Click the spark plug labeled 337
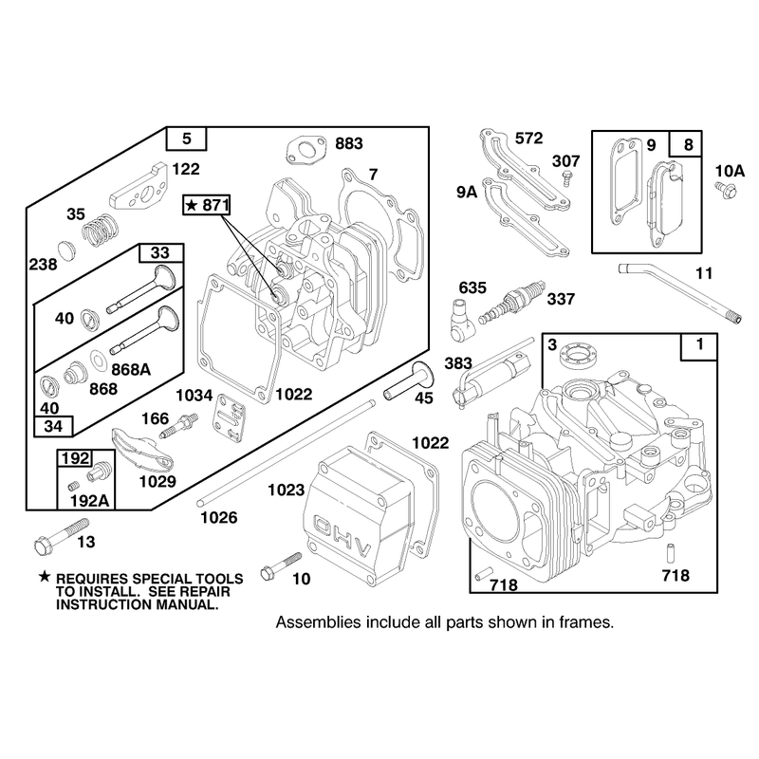(511, 303)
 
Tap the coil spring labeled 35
(101, 228)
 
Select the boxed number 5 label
(186, 139)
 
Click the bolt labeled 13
(62, 536)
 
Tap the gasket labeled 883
(305, 151)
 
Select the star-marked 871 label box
(207, 205)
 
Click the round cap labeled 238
(66, 250)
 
